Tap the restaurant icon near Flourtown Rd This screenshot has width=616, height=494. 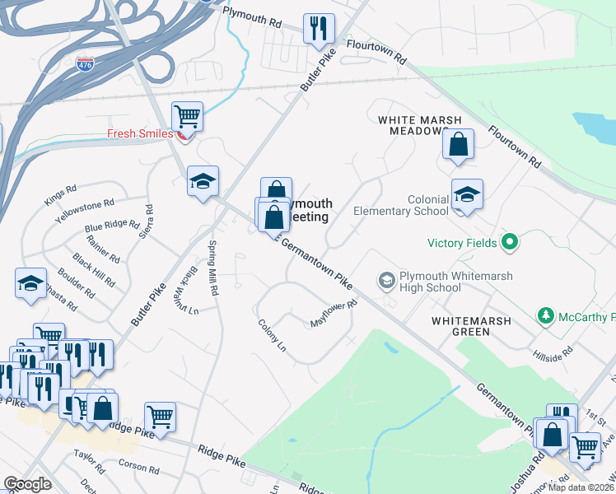(317, 28)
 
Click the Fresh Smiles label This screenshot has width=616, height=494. (140, 133)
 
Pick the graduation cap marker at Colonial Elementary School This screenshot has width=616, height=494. (467, 194)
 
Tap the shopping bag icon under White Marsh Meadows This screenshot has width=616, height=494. (459, 143)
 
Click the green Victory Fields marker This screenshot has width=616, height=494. (510, 243)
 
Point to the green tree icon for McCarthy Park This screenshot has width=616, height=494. (544, 316)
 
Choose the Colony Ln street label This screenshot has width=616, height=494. (271, 337)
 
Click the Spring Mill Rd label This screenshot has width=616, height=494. (212, 267)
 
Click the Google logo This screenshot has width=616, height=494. (27, 484)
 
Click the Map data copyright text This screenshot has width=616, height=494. (580, 487)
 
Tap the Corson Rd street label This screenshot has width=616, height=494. (138, 468)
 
